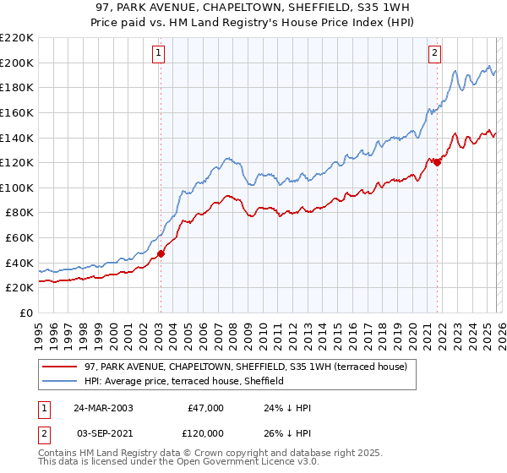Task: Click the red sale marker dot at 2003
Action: point(161,253)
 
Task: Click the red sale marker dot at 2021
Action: point(437,162)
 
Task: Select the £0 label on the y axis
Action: point(25,313)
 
